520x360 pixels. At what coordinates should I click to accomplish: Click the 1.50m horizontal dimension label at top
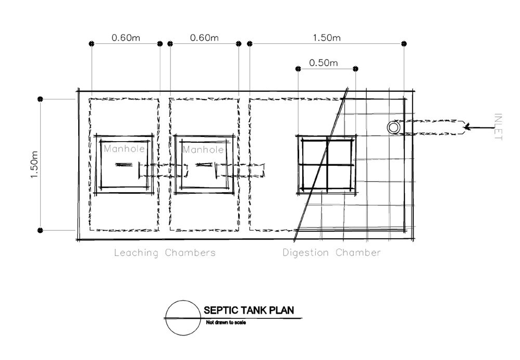click(x=327, y=38)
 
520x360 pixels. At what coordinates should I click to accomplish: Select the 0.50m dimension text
click(x=323, y=63)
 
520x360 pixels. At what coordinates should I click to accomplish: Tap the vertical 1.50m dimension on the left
click(x=35, y=165)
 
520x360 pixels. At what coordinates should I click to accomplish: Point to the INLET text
click(x=498, y=127)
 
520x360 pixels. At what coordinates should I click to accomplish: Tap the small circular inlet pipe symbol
click(x=393, y=127)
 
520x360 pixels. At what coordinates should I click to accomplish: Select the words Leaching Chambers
click(x=165, y=253)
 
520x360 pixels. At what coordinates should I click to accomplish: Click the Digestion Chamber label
click(x=331, y=253)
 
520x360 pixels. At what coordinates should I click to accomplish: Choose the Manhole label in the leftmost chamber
click(x=124, y=149)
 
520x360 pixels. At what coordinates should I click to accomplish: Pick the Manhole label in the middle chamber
click(x=203, y=150)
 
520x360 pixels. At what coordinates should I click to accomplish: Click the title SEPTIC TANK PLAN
click(x=248, y=311)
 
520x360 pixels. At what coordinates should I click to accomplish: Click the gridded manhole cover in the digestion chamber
click(x=326, y=165)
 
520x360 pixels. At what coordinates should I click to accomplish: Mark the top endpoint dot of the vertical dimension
click(x=41, y=98)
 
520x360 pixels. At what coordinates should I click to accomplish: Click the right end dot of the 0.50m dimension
click(x=355, y=69)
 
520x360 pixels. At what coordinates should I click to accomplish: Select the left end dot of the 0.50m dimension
click(x=298, y=69)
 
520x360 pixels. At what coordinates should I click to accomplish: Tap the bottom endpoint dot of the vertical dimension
click(x=41, y=230)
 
